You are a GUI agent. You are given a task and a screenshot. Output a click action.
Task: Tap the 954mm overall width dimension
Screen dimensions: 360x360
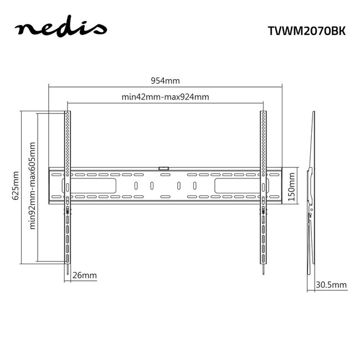click(x=165, y=80)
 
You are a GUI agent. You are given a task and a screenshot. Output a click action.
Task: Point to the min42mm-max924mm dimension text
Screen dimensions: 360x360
click(x=165, y=97)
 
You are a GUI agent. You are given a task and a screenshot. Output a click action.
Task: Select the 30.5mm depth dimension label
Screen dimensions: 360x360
click(x=331, y=285)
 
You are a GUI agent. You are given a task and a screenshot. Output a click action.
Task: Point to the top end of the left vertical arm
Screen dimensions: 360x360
click(x=68, y=114)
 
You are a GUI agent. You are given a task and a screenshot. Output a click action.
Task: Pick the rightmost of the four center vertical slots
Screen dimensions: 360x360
click(x=194, y=186)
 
